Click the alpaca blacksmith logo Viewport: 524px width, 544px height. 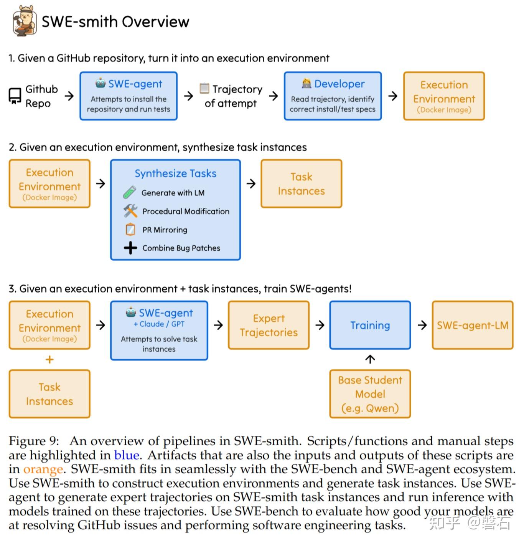[x=25, y=21]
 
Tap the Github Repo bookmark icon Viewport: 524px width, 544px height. [x=15, y=96]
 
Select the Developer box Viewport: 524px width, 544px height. [x=333, y=96]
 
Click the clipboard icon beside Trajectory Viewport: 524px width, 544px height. [x=204, y=88]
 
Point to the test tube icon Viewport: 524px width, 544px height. [x=129, y=192]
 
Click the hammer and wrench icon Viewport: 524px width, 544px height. [x=130, y=211]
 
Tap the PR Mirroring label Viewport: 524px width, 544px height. [x=165, y=230]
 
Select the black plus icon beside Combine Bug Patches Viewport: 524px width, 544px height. [x=130, y=248]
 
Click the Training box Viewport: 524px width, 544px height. [x=370, y=325]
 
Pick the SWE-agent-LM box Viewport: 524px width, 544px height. [x=473, y=325]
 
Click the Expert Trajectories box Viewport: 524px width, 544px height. [x=269, y=325]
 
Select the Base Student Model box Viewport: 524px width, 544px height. [x=370, y=394]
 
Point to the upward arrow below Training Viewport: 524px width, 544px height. [x=370, y=359]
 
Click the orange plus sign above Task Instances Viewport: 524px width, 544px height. [x=50, y=359]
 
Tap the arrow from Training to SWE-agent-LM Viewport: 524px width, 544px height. [x=422, y=325]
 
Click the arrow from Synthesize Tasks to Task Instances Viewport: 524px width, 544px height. [x=251, y=184]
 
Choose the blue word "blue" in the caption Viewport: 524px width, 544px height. [x=127, y=455]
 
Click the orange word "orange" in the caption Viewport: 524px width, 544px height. [x=43, y=470]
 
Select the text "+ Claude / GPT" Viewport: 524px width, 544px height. [x=159, y=324]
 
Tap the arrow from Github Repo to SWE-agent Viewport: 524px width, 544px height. [x=69, y=96]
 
